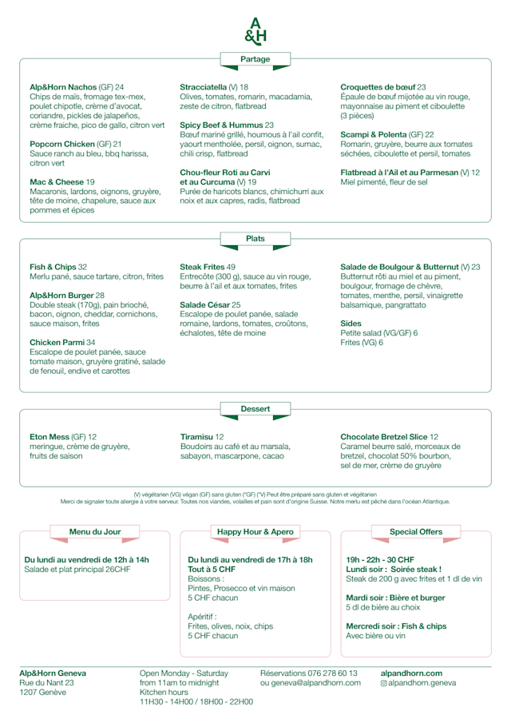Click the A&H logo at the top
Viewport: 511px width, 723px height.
click(255, 30)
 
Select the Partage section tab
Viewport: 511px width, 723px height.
click(255, 59)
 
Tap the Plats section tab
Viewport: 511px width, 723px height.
click(255, 239)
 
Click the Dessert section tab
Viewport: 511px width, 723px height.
click(255, 409)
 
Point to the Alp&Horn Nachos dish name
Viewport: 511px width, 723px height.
click(62, 86)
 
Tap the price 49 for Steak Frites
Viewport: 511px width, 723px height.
click(231, 267)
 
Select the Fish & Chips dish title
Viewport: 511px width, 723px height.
click(53, 267)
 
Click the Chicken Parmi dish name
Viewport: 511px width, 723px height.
click(57, 342)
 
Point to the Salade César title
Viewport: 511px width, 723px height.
click(204, 304)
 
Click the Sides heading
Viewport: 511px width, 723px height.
click(351, 324)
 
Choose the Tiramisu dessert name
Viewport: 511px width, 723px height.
click(196, 437)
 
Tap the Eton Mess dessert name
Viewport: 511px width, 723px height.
click(50, 437)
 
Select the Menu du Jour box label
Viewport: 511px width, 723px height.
click(95, 531)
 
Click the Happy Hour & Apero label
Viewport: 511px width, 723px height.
click(255, 531)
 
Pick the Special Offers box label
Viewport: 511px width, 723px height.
click(416, 531)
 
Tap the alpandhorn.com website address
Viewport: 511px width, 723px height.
click(411, 673)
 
